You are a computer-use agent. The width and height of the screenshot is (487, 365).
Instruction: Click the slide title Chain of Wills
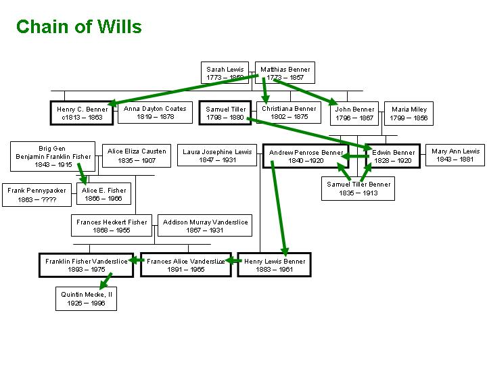[x=78, y=27]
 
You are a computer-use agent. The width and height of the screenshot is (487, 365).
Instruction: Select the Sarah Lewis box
[x=226, y=73]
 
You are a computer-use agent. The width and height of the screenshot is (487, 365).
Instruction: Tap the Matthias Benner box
[x=285, y=73]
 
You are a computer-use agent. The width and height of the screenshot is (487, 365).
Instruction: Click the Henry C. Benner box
[x=82, y=113]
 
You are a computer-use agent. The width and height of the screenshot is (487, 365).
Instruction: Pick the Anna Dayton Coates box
[x=155, y=112]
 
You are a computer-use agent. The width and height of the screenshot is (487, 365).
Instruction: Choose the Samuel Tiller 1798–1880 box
[x=226, y=113]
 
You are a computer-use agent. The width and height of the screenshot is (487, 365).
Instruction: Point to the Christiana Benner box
[x=289, y=112]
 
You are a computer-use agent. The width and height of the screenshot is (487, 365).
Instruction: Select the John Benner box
[x=354, y=113]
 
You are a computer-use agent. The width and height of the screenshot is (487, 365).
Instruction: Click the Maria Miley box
[x=409, y=113]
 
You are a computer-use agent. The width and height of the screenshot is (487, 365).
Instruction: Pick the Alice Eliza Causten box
[x=137, y=155]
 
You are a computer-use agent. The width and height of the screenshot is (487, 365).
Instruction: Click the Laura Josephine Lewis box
[x=216, y=155]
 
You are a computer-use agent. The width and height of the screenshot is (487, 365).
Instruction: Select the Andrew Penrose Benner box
[x=306, y=156]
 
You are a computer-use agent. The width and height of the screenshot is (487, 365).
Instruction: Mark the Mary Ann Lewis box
[x=455, y=155]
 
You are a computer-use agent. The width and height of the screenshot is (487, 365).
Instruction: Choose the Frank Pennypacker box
[x=37, y=195]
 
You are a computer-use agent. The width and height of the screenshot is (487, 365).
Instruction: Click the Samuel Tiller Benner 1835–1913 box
[x=358, y=189]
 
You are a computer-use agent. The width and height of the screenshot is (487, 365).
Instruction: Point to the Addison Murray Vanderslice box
[x=206, y=226]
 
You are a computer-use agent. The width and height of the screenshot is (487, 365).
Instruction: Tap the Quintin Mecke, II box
[x=86, y=299]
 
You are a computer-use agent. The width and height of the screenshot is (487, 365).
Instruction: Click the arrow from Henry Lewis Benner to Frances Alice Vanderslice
[x=233, y=261]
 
